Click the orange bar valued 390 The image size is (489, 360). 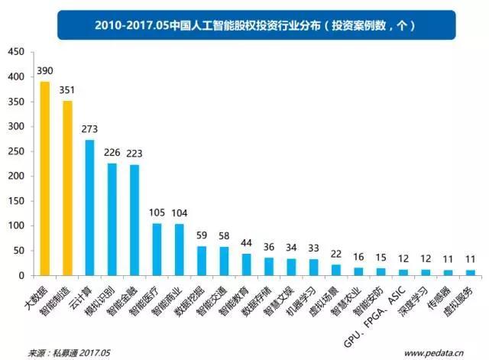(45, 178)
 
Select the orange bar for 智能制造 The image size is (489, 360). (67, 187)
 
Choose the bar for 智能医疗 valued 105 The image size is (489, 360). (157, 249)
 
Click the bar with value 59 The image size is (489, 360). (202, 261)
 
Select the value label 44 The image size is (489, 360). (246, 244)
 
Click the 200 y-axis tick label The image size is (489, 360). (16, 177)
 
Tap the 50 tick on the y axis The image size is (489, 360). (19, 251)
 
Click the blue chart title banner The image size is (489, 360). (244, 24)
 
